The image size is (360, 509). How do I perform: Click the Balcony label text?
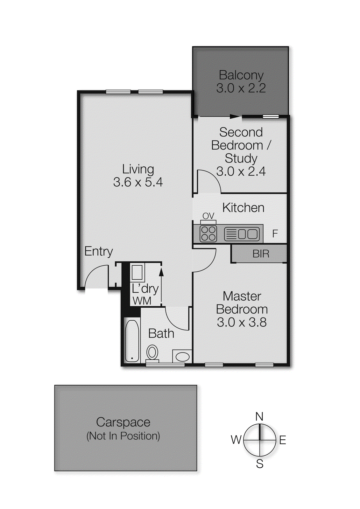coord(241,75)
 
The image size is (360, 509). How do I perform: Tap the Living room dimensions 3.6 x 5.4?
coord(138,182)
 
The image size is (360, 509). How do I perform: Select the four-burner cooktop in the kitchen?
coord(208,234)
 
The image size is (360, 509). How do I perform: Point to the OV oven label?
coord(208,216)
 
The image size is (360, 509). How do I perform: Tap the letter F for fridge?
coord(275,234)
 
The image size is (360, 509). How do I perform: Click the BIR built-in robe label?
coord(261,254)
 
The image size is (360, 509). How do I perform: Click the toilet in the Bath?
coord(152,353)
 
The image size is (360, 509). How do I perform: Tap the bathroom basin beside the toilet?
coord(182,356)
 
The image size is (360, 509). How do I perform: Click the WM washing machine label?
coord(142,301)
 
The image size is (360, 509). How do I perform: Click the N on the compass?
coord(259,416)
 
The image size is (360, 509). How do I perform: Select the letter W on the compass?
coord(236,440)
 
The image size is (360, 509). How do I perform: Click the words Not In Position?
coord(123,436)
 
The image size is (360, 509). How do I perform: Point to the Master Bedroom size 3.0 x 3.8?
coord(242,322)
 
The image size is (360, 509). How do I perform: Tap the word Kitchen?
coord(243,208)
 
